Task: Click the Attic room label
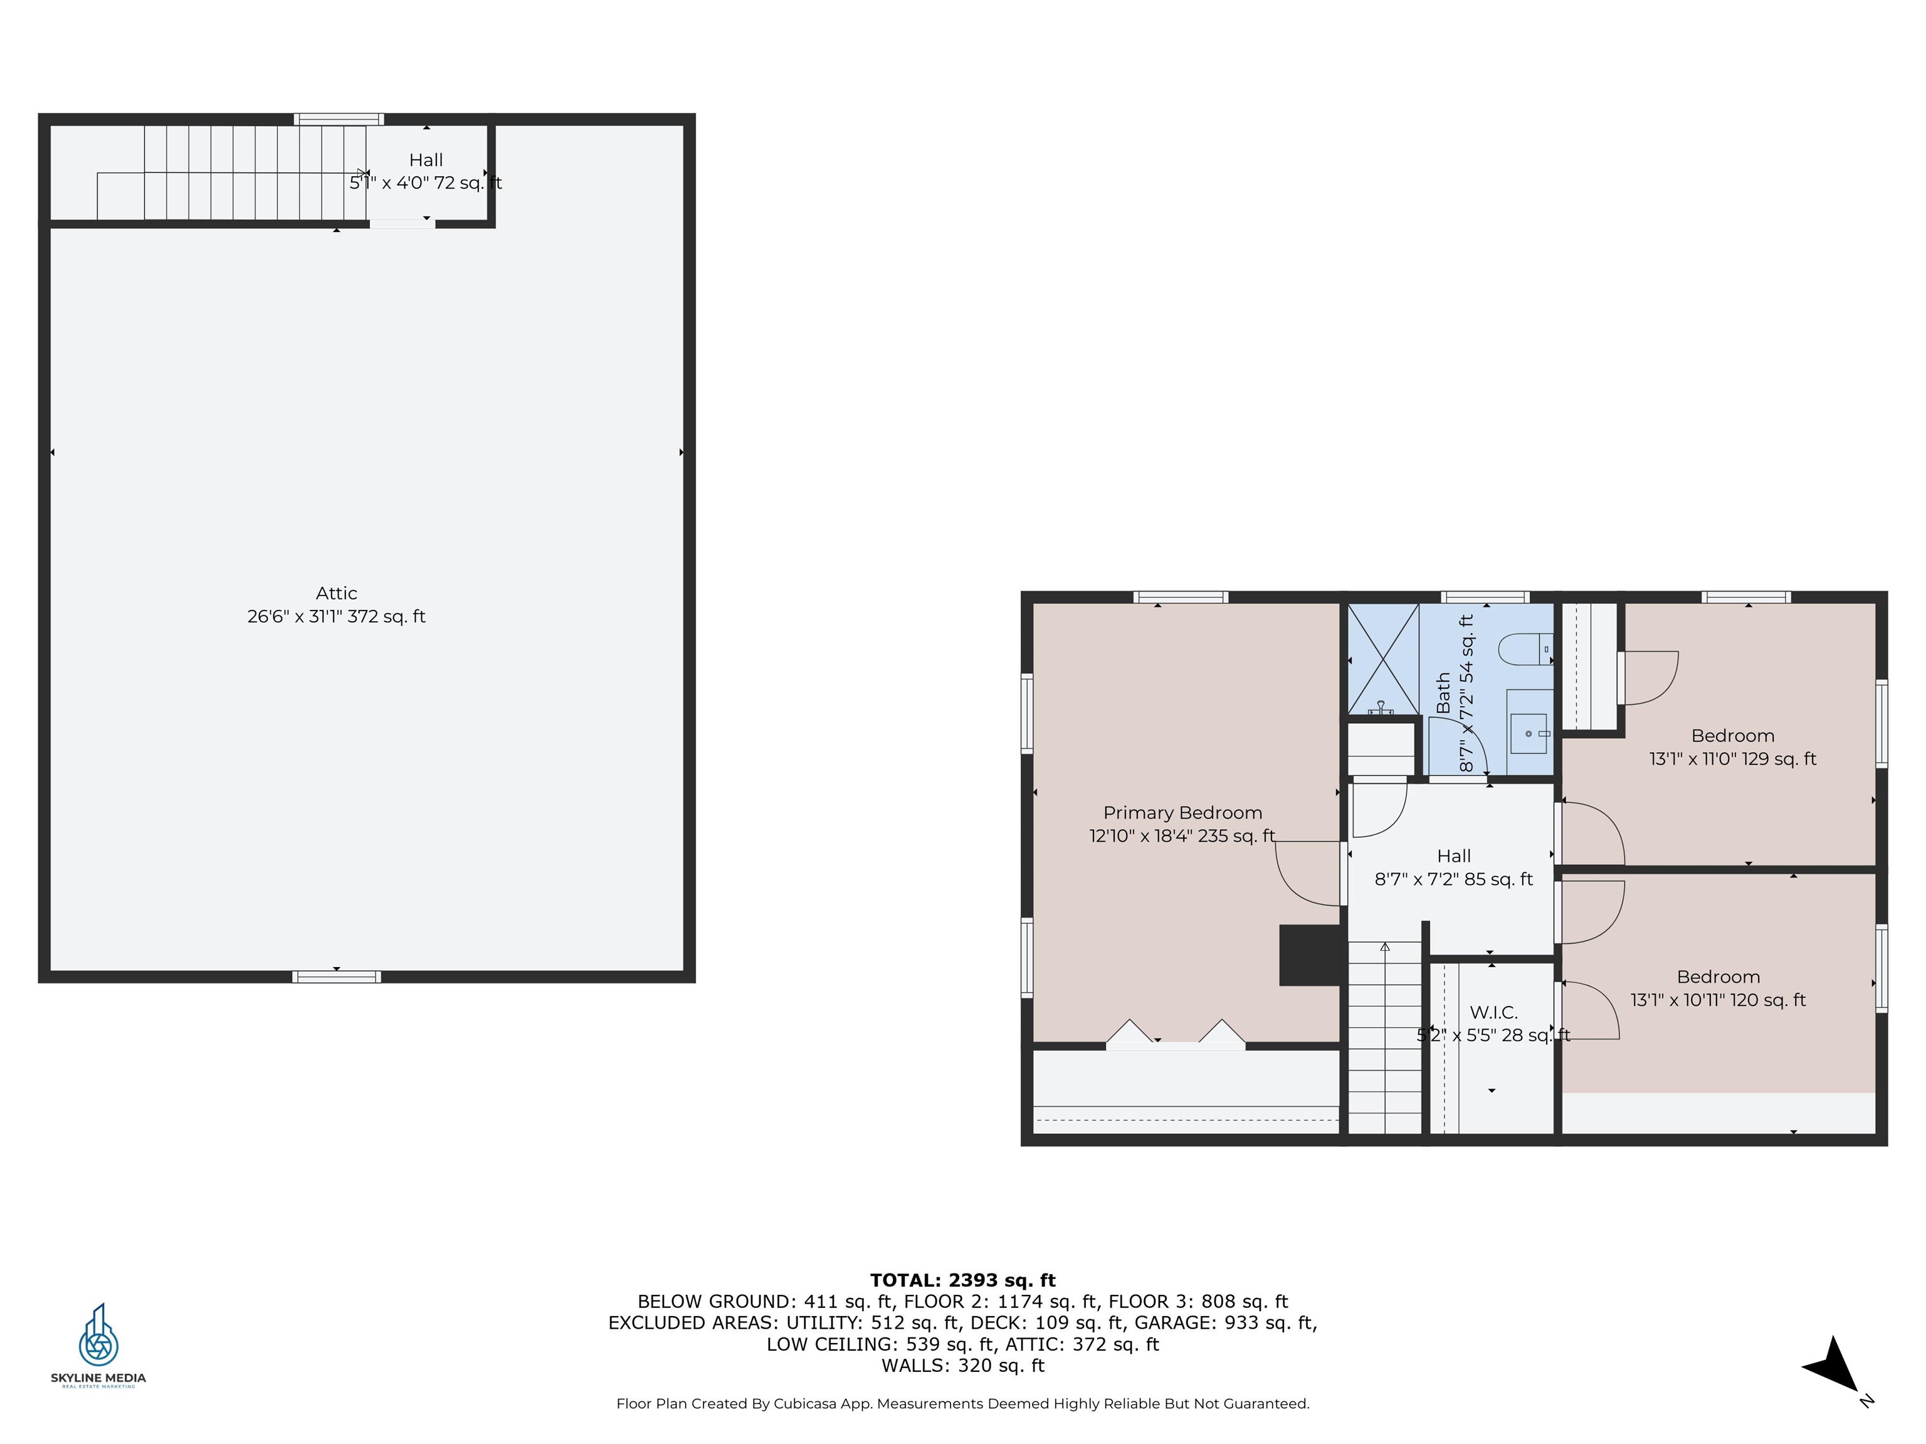click(336, 594)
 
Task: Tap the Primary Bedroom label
click(1182, 813)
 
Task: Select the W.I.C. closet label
click(1493, 1012)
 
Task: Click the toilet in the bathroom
click(1525, 649)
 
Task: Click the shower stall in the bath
click(1382, 659)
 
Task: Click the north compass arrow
click(1832, 1366)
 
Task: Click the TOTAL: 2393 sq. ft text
click(962, 1280)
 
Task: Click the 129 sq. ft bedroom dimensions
click(1733, 759)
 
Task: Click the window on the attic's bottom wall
click(336, 976)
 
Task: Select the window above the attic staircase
click(339, 119)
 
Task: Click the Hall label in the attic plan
click(426, 160)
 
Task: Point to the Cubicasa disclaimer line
click(963, 1404)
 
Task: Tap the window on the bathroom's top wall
click(1485, 597)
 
